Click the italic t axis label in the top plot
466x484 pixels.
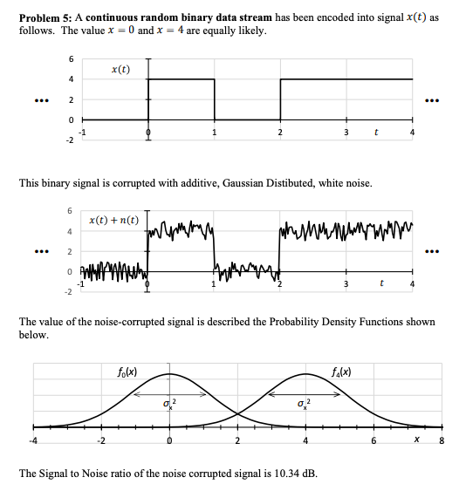coord(375,133)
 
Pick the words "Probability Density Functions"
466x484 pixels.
coord(337,321)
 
